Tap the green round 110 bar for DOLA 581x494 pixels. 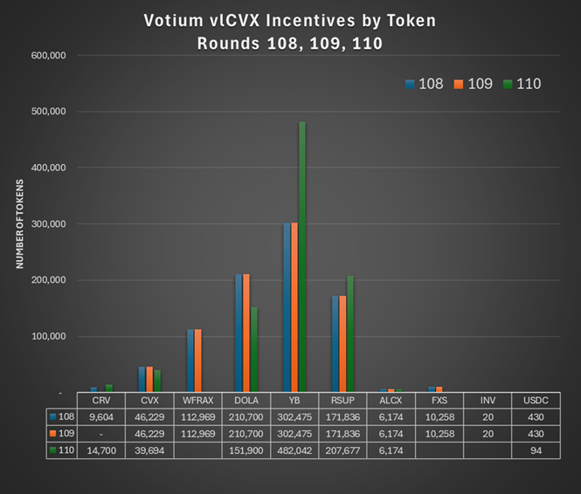[x=254, y=349]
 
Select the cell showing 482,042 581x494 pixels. [x=294, y=449]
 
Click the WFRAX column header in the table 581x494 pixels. [x=198, y=400]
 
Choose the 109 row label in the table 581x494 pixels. [x=64, y=433]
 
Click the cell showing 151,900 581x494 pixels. [x=246, y=449]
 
